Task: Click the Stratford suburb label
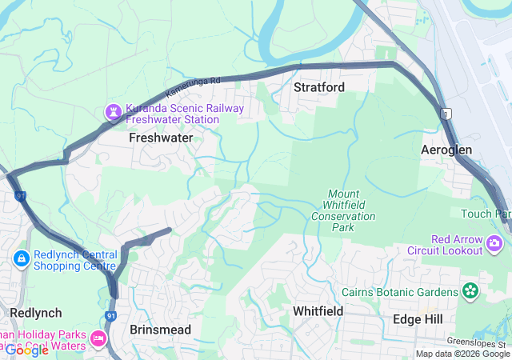pyautogui.click(x=318, y=86)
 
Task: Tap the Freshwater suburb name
pyautogui.click(x=161, y=138)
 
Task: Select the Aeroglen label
pyautogui.click(x=446, y=150)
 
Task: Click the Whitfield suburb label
pyautogui.click(x=318, y=310)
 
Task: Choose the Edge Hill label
pyautogui.click(x=418, y=318)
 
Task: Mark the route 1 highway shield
pyautogui.click(x=446, y=114)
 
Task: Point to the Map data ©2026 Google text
pyautogui.click(x=462, y=354)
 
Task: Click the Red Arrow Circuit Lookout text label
pyautogui.click(x=457, y=245)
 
